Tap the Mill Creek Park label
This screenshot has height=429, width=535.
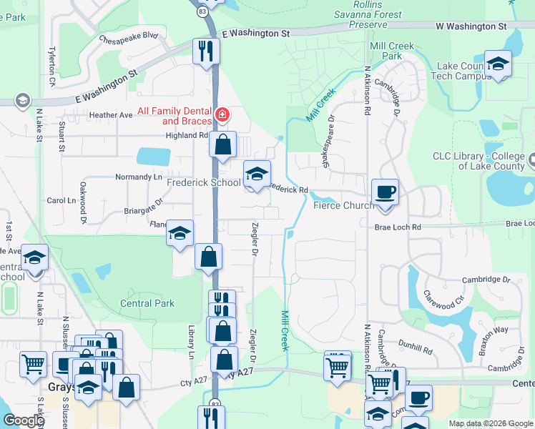click(392, 51)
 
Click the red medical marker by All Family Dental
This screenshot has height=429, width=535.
click(222, 114)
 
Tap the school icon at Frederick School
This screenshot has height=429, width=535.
click(257, 172)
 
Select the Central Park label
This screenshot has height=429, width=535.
click(147, 303)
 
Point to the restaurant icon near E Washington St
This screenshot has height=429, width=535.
click(206, 50)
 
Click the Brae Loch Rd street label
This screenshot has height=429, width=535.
click(398, 227)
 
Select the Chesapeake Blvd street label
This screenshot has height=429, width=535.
click(129, 36)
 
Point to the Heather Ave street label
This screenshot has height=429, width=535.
click(111, 114)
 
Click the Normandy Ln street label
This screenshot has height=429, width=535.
click(139, 177)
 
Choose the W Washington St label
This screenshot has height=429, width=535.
click(471, 26)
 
